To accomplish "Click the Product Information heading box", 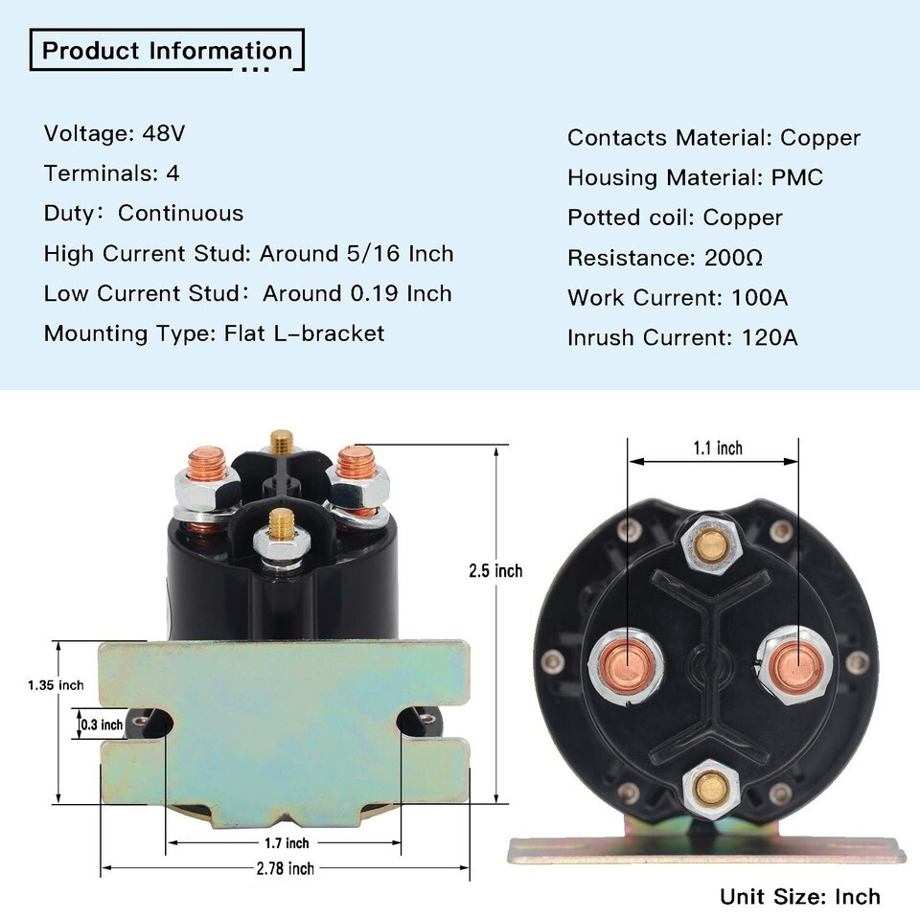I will pos(168,51).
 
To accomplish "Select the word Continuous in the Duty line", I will pos(180,214).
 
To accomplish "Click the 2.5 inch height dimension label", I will pos(495,571).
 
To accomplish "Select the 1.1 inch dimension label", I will pos(717,448).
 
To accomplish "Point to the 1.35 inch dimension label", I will pos(55,685).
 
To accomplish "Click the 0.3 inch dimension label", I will pos(102,725).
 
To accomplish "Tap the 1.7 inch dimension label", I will pos(286,843).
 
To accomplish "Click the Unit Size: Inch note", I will pos(799,897).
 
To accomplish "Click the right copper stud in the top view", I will pos(792,663).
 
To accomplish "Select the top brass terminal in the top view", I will pos(710,545).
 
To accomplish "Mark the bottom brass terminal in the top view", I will pos(711,789).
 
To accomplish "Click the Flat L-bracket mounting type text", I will pos(304,333).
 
